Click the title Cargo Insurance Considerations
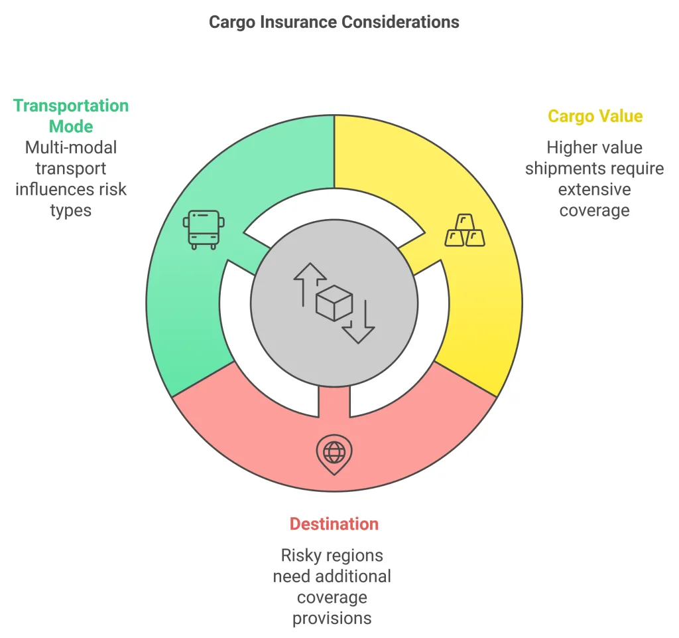[334, 22]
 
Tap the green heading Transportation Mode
[71, 116]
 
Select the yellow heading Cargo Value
[595, 116]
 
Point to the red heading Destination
[334, 524]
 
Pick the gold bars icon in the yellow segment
[464, 230]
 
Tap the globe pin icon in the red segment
[334, 453]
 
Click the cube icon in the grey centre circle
[334, 304]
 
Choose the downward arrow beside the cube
[359, 323]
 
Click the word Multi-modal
[71, 147]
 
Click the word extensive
[594, 189]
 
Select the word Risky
[305, 555]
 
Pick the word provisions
[332, 618]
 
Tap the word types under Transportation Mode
[71, 210]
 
